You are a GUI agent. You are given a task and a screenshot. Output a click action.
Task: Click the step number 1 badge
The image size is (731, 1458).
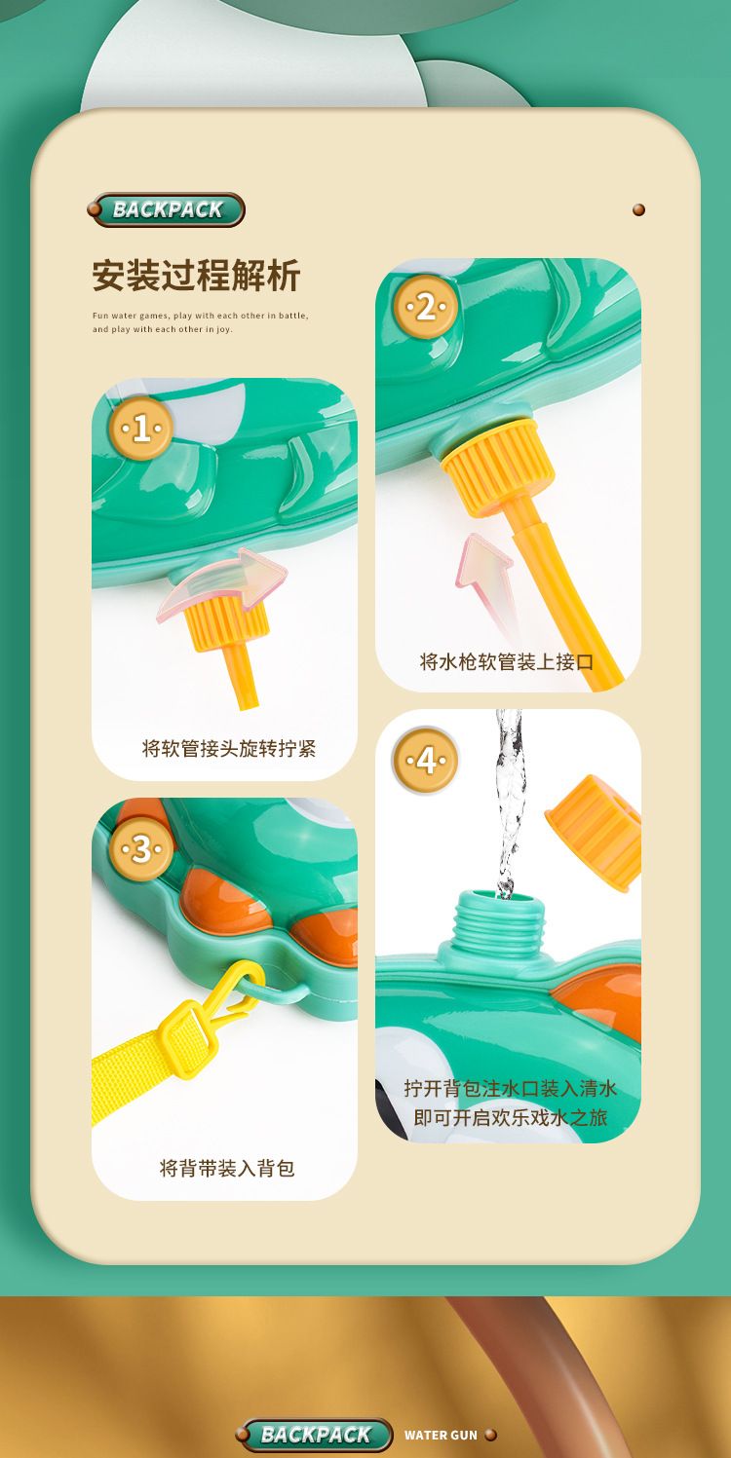click(x=141, y=429)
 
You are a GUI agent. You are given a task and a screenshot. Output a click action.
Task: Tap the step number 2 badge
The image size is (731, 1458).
click(x=425, y=307)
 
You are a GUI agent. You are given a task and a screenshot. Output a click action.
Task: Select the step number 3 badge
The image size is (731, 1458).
click(x=141, y=849)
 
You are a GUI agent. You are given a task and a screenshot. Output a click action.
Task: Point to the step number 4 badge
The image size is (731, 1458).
click(x=425, y=760)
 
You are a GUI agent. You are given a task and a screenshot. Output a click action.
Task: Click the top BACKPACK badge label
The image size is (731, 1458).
click(x=167, y=209)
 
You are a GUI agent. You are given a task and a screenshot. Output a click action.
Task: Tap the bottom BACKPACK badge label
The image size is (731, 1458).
click(x=316, y=1435)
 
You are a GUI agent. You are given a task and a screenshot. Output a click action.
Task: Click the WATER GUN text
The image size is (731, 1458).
click(x=441, y=1436)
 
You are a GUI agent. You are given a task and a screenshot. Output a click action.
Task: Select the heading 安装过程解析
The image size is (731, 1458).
click(x=196, y=276)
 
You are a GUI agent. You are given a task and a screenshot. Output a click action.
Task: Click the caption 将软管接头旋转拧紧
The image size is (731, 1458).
click(x=229, y=749)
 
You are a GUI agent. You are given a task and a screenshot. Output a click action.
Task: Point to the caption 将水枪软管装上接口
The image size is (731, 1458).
click(x=506, y=662)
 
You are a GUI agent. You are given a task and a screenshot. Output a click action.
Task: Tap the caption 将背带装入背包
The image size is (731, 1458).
click(x=227, y=1169)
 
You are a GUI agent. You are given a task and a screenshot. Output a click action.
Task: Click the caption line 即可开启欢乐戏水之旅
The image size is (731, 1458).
click(x=510, y=1117)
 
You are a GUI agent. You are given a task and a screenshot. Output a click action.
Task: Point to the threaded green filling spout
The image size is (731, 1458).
click(x=491, y=923)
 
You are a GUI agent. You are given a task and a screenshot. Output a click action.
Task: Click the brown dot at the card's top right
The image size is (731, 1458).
click(x=638, y=209)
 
